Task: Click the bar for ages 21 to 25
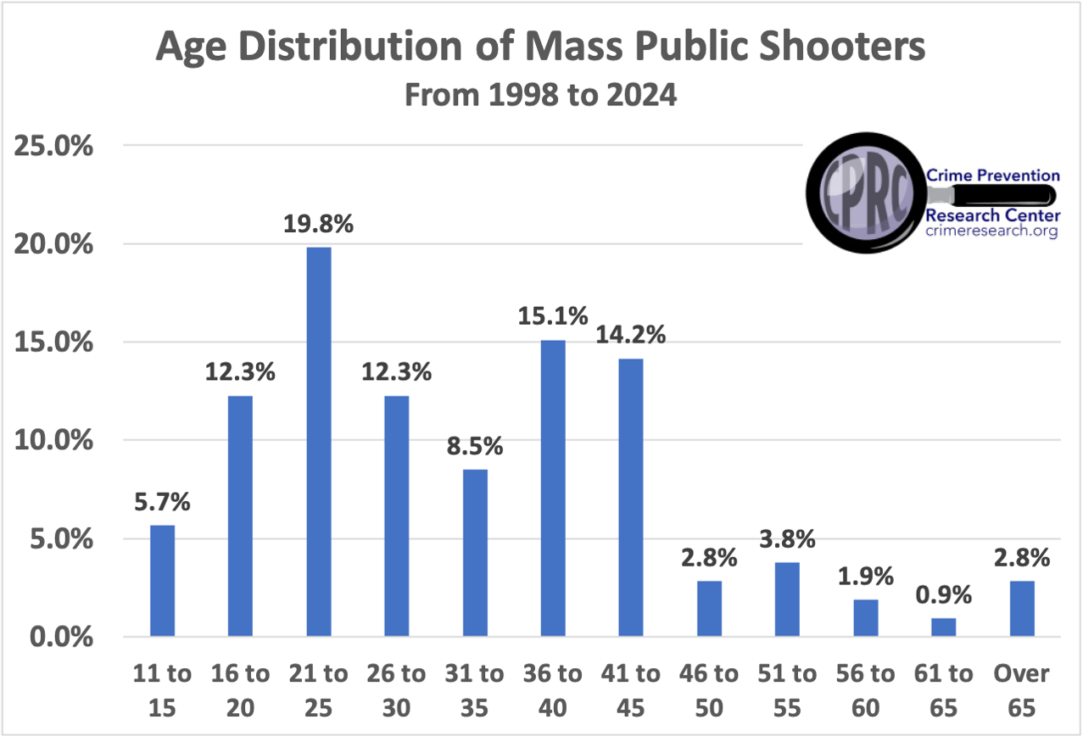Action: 319,442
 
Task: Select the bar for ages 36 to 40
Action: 553,488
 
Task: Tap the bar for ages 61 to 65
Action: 943,627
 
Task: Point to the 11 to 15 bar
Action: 163,581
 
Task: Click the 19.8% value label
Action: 319,226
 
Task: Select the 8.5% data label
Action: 475,446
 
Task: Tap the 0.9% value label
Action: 943,596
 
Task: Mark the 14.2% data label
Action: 631,334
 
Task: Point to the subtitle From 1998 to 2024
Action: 540,95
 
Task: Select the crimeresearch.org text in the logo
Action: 991,231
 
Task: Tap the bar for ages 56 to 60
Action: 865,618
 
